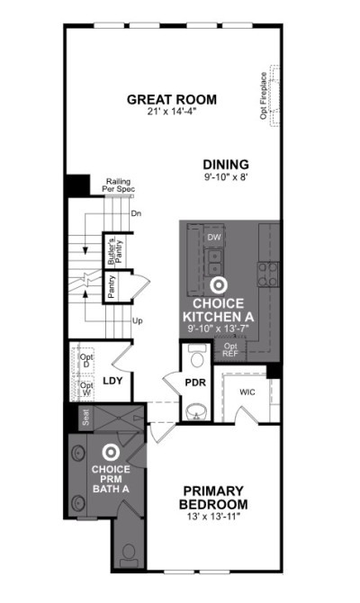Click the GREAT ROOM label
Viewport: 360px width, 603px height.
click(x=172, y=100)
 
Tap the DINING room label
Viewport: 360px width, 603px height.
click(x=226, y=165)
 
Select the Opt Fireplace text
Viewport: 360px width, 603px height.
click(x=264, y=95)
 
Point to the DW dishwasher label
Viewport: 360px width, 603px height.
click(x=214, y=238)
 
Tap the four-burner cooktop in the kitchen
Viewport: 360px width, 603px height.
click(x=267, y=274)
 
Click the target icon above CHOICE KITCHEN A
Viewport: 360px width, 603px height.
click(x=219, y=285)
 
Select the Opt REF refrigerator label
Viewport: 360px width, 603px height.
click(x=230, y=350)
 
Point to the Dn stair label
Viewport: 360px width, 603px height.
click(x=136, y=213)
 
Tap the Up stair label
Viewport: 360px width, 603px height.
click(x=138, y=320)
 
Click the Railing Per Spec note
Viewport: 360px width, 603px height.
click(x=118, y=185)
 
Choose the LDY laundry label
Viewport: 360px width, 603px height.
click(x=112, y=381)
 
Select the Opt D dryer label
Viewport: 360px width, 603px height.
click(x=86, y=360)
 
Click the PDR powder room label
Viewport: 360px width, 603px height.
click(x=195, y=383)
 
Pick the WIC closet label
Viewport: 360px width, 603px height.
click(x=247, y=392)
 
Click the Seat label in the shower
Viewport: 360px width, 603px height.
click(x=85, y=417)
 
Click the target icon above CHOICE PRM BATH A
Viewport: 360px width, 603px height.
click(x=111, y=453)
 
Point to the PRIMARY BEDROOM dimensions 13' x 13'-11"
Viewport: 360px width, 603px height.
click(x=213, y=517)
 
